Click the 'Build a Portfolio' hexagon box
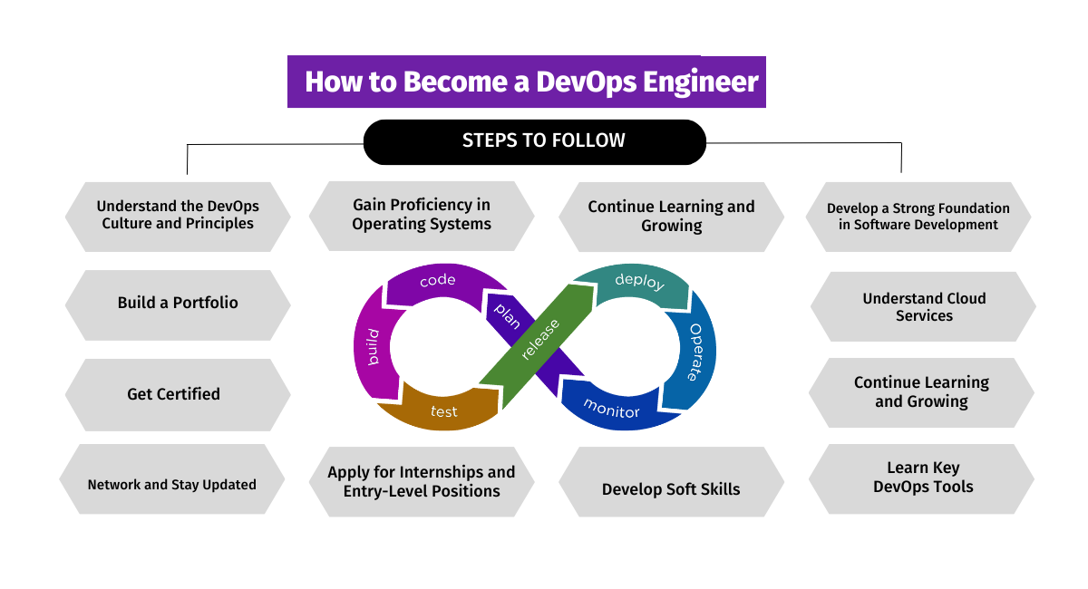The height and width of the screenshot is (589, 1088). click(178, 304)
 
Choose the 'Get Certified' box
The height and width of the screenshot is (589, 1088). click(174, 394)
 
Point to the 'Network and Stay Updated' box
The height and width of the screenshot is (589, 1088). click(172, 485)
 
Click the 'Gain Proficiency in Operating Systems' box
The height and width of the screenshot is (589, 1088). click(422, 216)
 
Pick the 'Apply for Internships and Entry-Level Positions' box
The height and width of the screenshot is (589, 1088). click(422, 482)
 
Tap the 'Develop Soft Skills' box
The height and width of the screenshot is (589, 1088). click(671, 489)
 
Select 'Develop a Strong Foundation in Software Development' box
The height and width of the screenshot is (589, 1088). click(918, 217)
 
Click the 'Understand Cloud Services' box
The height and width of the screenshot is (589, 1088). click(924, 307)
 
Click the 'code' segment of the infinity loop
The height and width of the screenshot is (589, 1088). click(437, 282)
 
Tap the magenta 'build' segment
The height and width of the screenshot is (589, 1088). click(373, 347)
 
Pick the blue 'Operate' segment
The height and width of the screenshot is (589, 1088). click(696, 352)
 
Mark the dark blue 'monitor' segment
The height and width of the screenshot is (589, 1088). click(611, 409)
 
